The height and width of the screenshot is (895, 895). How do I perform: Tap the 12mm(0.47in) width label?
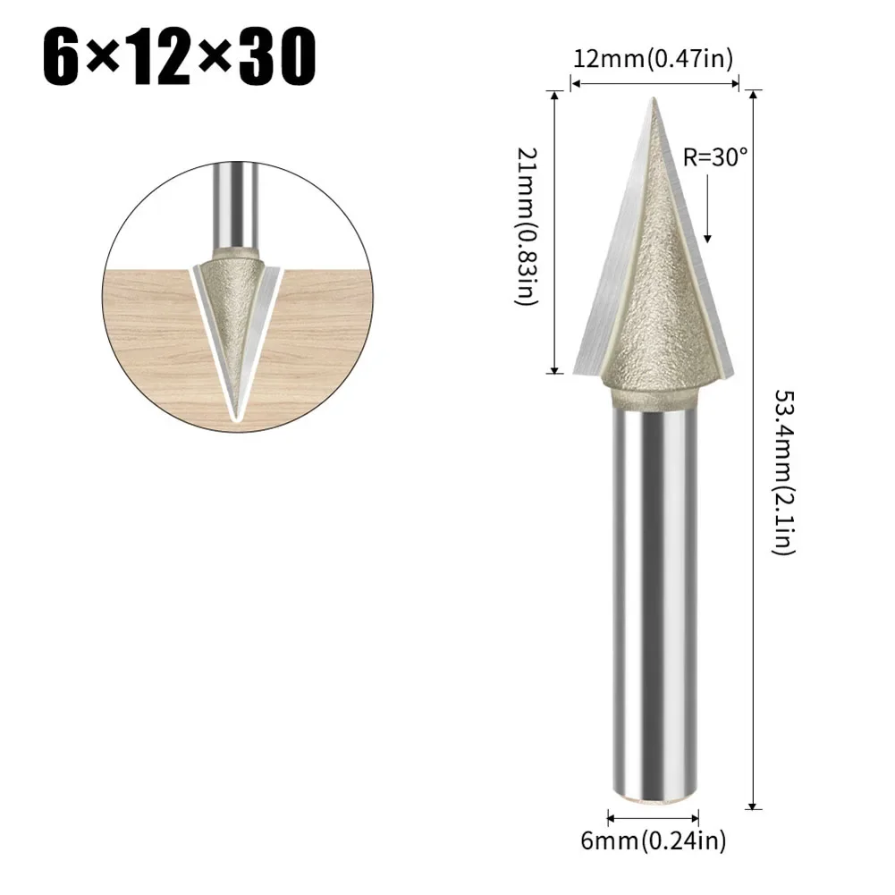[653, 60]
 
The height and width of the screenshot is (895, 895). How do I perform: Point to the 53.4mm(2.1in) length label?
[785, 471]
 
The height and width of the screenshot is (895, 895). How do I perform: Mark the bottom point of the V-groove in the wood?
[234, 417]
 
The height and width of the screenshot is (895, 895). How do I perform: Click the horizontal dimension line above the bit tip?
[654, 84]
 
